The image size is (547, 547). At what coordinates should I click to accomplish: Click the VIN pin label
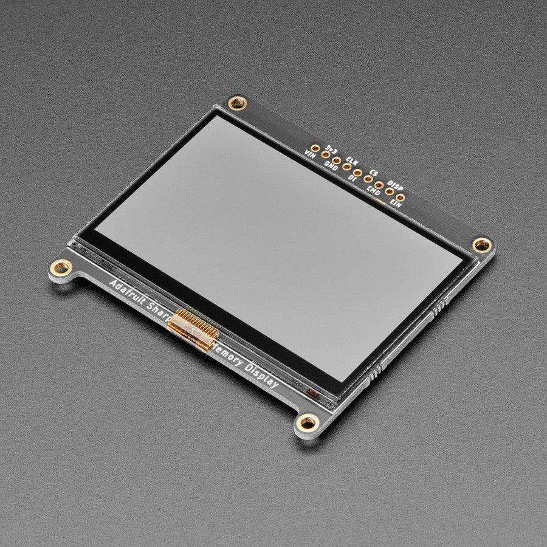click(310, 155)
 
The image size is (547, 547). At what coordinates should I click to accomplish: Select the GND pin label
click(331, 165)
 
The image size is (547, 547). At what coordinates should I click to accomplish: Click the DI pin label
click(353, 178)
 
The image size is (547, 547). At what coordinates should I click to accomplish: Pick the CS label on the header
click(374, 173)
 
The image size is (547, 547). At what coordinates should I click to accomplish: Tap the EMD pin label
click(373, 190)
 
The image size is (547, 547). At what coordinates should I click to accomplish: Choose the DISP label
click(395, 184)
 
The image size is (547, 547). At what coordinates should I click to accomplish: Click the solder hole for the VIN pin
click(315, 148)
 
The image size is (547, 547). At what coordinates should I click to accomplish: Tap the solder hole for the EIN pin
click(400, 197)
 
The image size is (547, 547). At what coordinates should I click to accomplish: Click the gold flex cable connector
click(193, 328)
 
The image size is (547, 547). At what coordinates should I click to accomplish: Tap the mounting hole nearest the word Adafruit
click(61, 266)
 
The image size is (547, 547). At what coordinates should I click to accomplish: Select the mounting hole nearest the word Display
click(308, 421)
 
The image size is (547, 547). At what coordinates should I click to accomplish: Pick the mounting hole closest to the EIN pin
click(482, 245)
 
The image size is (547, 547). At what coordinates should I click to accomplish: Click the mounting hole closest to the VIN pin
click(237, 103)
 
